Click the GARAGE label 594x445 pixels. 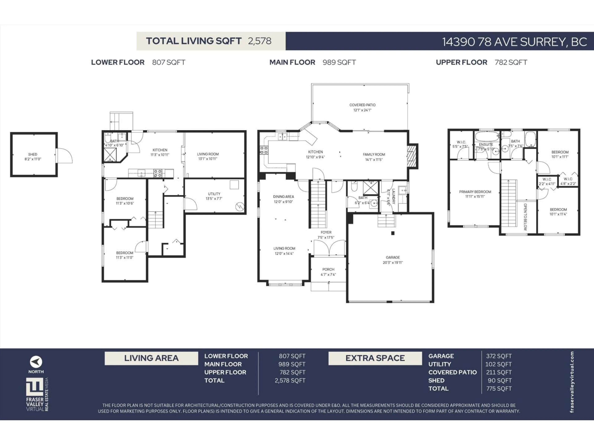(393, 257)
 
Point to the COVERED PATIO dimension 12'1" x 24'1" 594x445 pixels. (362, 110)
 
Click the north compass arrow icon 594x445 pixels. (36, 362)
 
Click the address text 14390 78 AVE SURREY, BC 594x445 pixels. (514, 42)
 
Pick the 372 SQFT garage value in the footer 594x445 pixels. (499, 356)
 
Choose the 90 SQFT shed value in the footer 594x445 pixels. (499, 380)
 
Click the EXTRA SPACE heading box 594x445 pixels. (375, 358)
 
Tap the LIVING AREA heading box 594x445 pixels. (151, 358)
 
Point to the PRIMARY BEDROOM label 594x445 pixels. (475, 192)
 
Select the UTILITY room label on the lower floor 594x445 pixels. (214, 194)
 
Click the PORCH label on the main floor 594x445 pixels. (328, 269)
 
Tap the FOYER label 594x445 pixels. (326, 232)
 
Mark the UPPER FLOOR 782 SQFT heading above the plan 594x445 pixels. (481, 62)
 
